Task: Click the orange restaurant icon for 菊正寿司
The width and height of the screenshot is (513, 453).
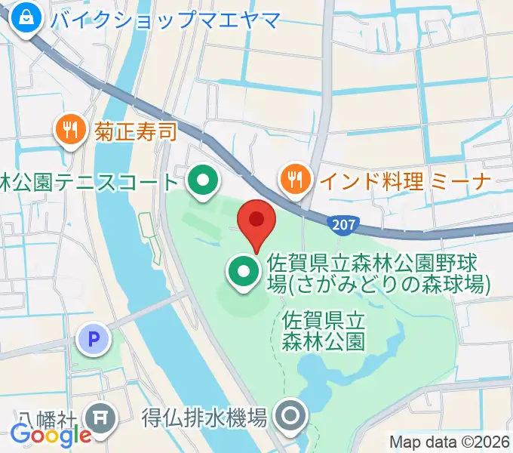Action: coord(70,130)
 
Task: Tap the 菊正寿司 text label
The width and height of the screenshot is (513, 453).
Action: coord(136,131)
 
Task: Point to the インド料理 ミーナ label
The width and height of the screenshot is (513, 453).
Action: coord(405,180)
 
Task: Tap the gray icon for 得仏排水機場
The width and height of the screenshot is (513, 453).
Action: coord(291,415)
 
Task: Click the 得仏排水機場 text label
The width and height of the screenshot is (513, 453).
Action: coord(204,416)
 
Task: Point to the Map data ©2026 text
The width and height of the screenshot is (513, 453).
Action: coord(448,441)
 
